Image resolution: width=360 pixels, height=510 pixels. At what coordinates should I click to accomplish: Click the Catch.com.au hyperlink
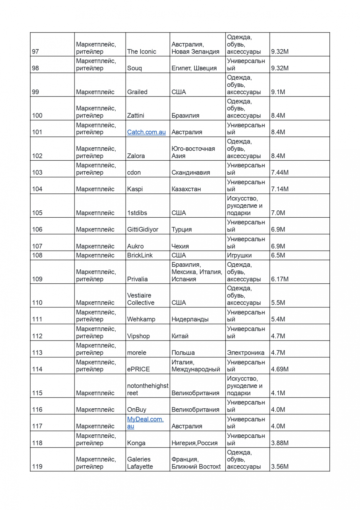point(146,132)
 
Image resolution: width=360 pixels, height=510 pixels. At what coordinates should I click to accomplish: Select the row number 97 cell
point(35,52)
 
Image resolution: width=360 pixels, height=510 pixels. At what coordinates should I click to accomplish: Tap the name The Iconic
point(141,52)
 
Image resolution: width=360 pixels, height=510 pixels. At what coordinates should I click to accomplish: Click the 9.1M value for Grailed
point(278,92)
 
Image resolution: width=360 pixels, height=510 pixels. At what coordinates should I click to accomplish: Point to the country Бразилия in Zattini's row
point(185,116)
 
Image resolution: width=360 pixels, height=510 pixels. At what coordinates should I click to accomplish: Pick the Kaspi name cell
point(135,189)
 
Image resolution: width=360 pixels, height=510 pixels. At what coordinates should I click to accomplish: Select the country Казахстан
point(186,189)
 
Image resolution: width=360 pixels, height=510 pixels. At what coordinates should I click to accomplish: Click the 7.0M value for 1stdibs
point(278,213)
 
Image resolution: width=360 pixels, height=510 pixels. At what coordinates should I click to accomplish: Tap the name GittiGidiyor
point(142,229)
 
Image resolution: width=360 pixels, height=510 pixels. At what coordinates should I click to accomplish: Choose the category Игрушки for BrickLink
point(239,255)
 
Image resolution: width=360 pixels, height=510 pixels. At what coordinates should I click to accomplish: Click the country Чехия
point(180,246)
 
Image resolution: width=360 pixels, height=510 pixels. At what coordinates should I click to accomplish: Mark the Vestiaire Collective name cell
point(140,299)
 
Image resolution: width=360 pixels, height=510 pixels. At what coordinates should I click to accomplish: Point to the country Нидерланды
point(190,319)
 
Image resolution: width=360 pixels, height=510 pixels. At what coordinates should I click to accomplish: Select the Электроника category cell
point(245,353)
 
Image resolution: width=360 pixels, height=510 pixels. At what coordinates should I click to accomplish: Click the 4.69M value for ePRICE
point(280,369)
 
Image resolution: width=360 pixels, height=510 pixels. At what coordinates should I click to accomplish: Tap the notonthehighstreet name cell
point(147,390)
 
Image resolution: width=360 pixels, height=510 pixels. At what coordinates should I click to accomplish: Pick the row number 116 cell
point(37,410)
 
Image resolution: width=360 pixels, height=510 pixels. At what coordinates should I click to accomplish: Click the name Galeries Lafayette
point(140,463)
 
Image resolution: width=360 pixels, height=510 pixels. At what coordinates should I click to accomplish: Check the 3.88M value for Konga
point(280,443)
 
